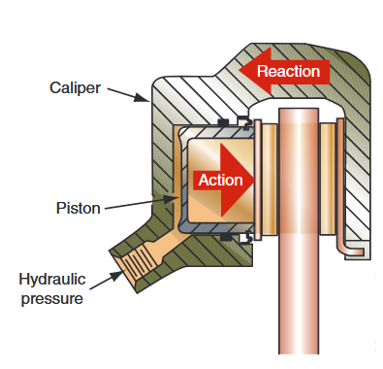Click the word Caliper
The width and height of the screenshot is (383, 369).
point(75,88)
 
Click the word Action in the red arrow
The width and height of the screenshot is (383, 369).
point(220,180)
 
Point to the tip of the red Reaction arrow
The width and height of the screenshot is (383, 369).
point(245,70)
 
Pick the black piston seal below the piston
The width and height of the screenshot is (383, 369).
point(224,236)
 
